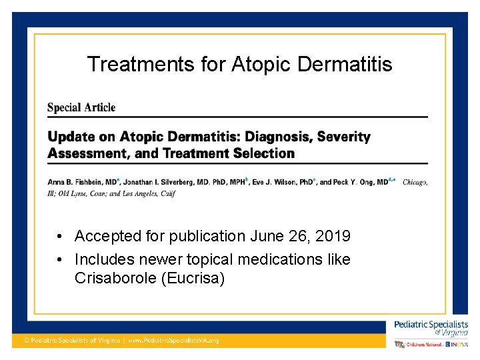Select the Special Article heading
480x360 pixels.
click(x=81, y=107)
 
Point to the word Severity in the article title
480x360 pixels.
click(x=343, y=137)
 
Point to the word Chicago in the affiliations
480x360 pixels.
click(x=415, y=182)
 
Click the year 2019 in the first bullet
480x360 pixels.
click(x=331, y=236)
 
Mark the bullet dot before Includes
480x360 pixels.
click(x=60, y=259)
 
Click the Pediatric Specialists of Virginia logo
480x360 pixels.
click(x=431, y=328)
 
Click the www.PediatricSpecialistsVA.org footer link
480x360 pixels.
click(x=173, y=340)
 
